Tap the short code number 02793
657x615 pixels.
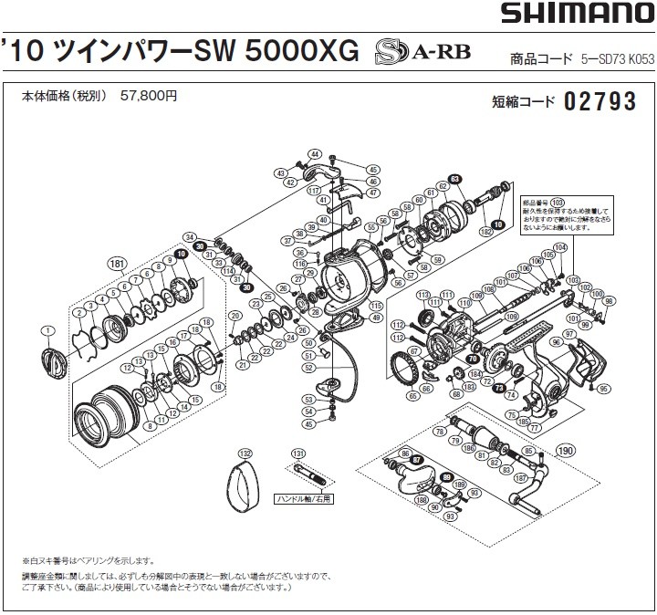coord(600,101)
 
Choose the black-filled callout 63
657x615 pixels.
coord(455,179)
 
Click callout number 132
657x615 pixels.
coord(244,453)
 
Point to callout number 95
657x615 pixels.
coord(603,390)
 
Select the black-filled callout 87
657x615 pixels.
coord(417,460)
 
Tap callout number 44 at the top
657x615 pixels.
coord(314,153)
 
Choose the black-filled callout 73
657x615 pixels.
coord(499,387)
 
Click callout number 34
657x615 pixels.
coord(191,235)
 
